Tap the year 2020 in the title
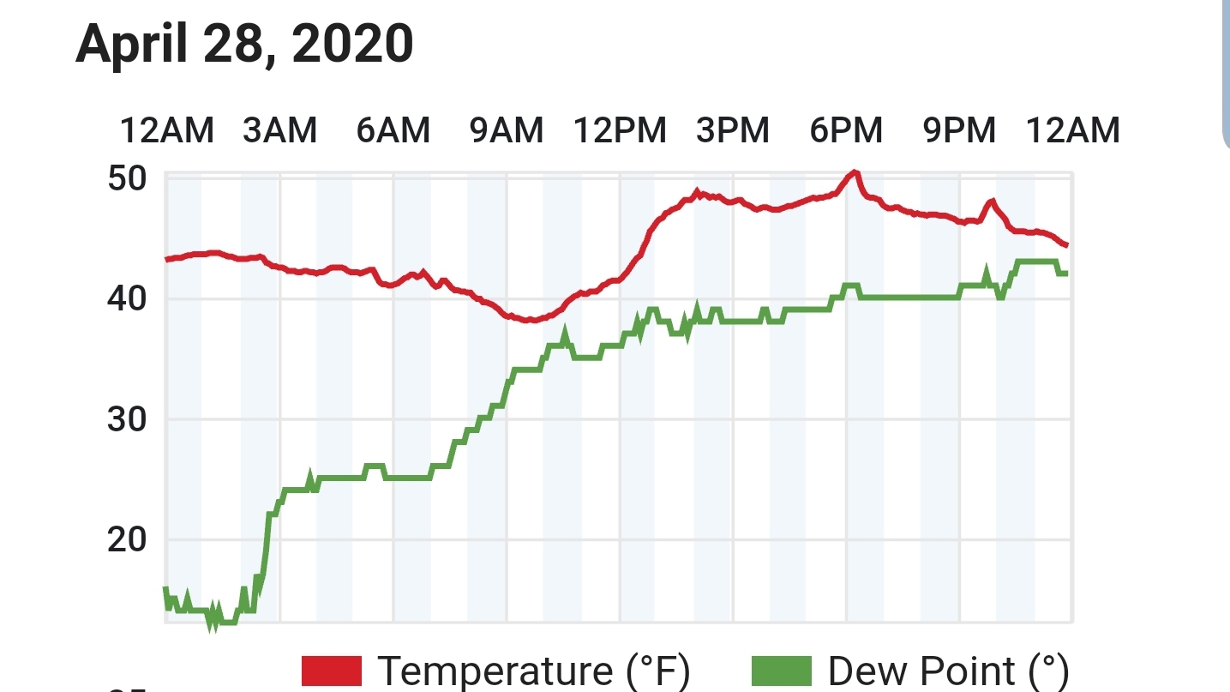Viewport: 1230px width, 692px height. (352, 43)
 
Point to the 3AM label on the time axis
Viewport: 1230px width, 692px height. (280, 130)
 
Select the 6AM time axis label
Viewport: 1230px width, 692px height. (393, 130)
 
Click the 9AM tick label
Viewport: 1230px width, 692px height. (507, 130)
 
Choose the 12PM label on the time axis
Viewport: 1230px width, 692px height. (620, 130)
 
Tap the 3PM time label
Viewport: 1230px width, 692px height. (733, 130)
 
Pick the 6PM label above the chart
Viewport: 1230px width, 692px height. (846, 130)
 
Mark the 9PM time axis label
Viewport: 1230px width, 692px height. (959, 130)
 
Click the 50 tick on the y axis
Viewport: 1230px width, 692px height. (128, 178)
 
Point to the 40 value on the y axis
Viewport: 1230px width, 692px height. (128, 298)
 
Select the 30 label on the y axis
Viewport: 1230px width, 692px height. (128, 419)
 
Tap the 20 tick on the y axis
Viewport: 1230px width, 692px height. (128, 540)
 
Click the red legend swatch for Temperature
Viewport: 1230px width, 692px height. (332, 671)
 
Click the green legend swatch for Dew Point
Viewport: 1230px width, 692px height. (782, 671)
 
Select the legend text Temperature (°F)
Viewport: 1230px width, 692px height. (534, 671)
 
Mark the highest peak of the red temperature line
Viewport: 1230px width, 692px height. (855, 173)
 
